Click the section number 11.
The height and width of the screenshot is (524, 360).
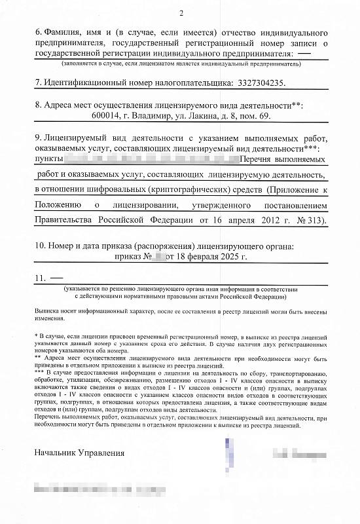click(40, 278)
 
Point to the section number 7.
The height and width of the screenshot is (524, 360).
click(38, 84)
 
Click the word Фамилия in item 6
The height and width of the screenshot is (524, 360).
click(65, 33)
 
